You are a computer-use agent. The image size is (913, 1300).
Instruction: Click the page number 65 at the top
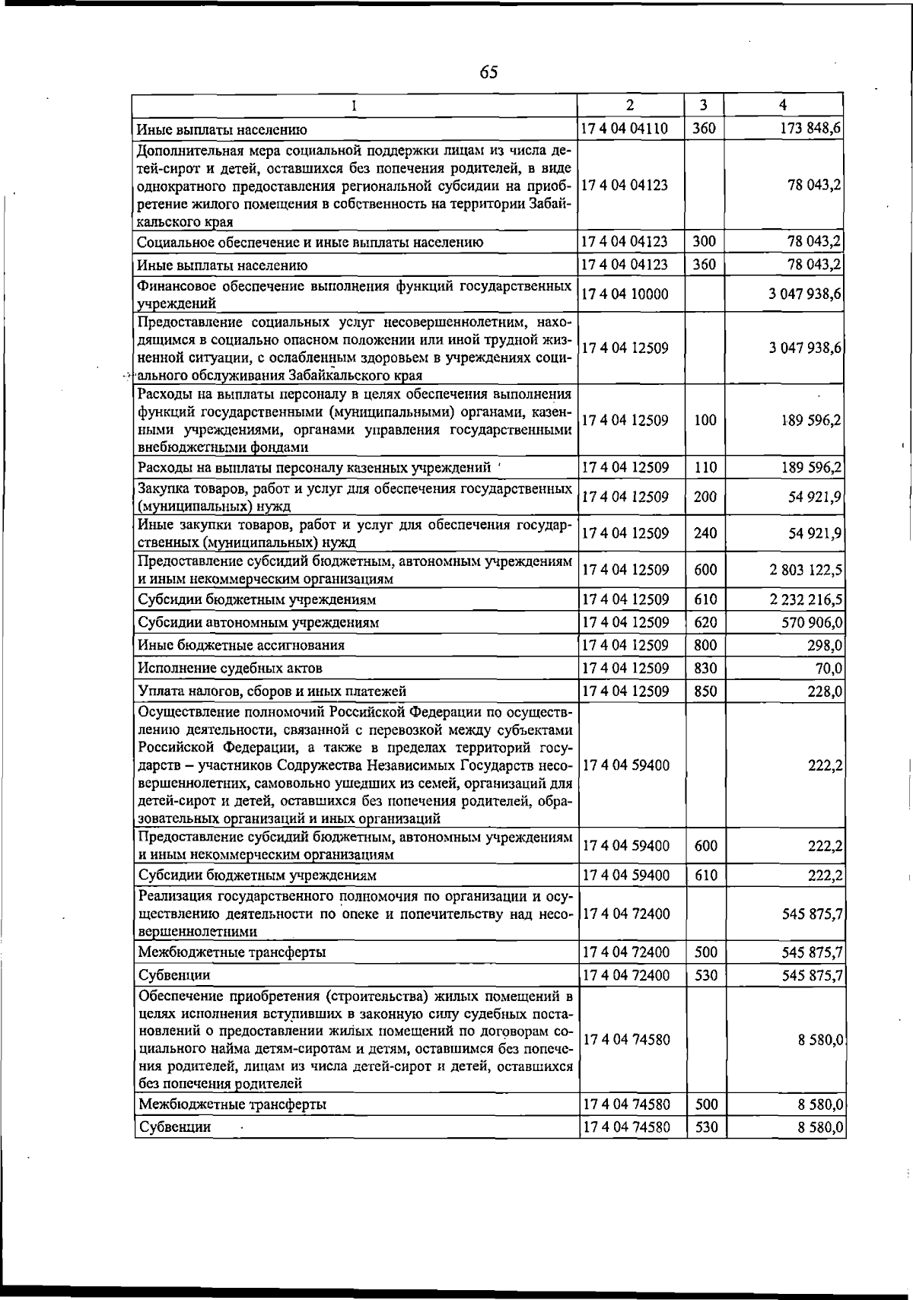[489, 72]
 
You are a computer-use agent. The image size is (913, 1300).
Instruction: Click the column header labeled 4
[783, 105]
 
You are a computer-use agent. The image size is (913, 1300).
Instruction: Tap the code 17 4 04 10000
[625, 294]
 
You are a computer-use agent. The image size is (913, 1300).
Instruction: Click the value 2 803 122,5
[806, 571]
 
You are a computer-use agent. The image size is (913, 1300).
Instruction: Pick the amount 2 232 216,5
[806, 600]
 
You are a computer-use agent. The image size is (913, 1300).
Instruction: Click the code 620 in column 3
[705, 623]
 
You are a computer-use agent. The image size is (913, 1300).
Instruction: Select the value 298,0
[825, 646]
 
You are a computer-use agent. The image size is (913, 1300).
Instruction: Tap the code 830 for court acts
[705, 669]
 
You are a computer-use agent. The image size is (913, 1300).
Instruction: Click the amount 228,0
[825, 691]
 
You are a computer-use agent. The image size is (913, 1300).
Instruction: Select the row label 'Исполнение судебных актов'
[230, 669]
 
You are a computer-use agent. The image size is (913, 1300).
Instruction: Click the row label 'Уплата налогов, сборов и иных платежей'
[272, 691]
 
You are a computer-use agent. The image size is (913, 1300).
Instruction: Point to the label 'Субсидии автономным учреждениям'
[258, 623]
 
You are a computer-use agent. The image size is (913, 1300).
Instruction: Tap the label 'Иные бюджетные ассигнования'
[241, 646]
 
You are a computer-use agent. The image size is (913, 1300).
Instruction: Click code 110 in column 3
[705, 468]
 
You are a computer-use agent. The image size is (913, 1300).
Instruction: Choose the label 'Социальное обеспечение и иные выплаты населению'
[310, 243]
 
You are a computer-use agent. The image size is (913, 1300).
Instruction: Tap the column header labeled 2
[630, 105]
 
